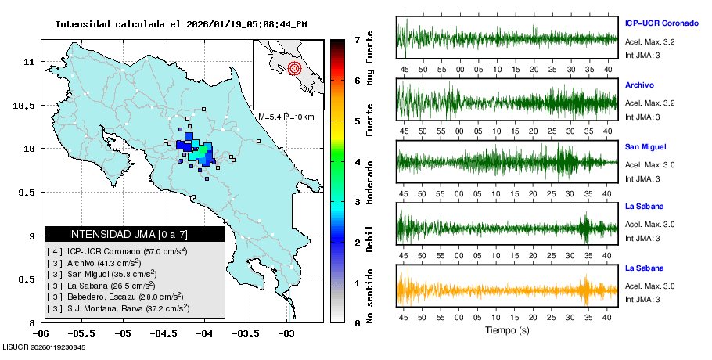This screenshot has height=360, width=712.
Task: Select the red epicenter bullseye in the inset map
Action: tap(294, 68)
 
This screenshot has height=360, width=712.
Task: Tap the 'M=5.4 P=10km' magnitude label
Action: tap(286, 117)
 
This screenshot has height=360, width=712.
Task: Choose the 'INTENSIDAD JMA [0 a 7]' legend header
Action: tap(134, 234)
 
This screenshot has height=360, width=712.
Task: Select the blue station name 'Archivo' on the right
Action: tap(639, 85)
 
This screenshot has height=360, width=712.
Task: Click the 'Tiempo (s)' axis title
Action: tap(507, 330)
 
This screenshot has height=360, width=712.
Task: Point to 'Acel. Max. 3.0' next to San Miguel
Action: tap(649, 164)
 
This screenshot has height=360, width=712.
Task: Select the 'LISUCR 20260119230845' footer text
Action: tap(45, 347)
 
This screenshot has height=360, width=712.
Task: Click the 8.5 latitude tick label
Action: tap(28, 279)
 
